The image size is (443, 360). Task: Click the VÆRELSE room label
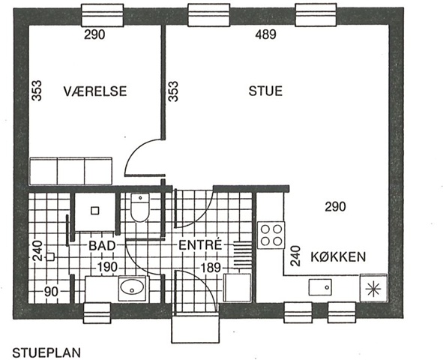click(x=95, y=91)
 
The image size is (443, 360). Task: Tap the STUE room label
click(x=265, y=91)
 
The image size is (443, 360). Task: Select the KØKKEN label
click(x=338, y=256)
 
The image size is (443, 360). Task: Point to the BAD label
click(x=102, y=245)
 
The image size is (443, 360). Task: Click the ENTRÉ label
click(x=200, y=244)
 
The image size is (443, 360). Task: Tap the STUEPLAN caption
click(x=46, y=353)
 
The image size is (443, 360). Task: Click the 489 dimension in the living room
click(x=265, y=34)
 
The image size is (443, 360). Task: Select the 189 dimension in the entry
click(x=210, y=267)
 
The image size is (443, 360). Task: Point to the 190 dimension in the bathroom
click(x=107, y=267)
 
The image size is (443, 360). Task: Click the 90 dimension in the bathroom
click(x=51, y=292)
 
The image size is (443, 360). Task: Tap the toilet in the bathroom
click(x=140, y=208)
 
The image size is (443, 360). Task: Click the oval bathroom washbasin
click(x=132, y=287)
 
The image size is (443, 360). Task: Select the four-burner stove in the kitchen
click(x=271, y=235)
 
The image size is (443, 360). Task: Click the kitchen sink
click(x=320, y=287)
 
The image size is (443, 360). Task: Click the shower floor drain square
click(x=95, y=211)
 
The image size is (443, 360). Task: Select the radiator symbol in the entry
click(x=243, y=255)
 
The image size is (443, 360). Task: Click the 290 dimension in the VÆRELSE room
click(x=94, y=34)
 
